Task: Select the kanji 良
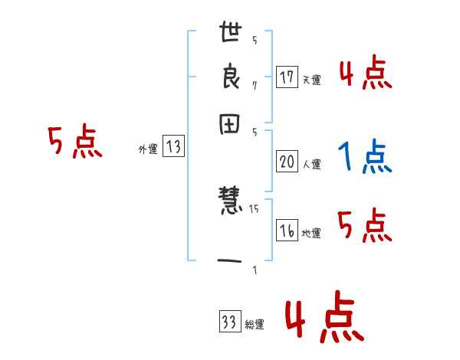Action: [232, 80]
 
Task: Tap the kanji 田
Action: [232, 124]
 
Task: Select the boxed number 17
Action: [287, 77]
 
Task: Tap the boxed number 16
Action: [287, 231]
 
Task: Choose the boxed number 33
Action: [228, 323]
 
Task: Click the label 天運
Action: [311, 79]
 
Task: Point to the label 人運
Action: [311, 163]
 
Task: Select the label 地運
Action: [311, 234]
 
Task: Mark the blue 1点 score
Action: [365, 157]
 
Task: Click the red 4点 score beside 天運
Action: [365, 74]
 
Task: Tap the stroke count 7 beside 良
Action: [255, 85]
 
